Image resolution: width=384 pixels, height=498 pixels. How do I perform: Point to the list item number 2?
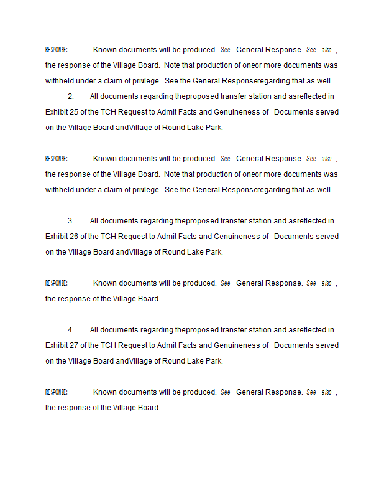[70, 96]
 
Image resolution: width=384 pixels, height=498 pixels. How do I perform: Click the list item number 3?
[70, 221]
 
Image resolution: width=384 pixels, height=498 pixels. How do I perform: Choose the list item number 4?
[70, 330]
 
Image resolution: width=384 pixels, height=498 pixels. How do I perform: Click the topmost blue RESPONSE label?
[57, 50]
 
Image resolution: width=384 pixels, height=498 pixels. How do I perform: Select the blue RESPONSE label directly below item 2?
[57, 159]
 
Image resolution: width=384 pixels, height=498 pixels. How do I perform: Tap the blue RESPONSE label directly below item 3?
[57, 283]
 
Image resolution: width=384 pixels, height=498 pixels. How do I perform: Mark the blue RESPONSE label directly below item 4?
[57, 392]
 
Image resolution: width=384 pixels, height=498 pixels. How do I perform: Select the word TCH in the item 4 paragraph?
[108, 345]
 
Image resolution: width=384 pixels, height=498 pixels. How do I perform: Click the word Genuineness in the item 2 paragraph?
[240, 112]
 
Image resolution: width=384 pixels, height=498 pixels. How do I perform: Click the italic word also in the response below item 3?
[326, 283]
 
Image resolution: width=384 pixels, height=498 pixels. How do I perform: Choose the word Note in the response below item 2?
[173, 174]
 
